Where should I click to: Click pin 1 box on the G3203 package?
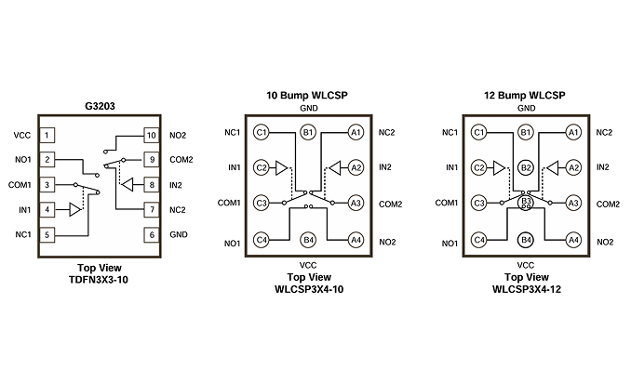point(47,135)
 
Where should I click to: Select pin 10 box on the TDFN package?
point(152,135)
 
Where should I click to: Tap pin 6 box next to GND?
point(152,235)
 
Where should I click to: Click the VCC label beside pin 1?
point(22,136)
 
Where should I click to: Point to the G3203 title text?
point(100,106)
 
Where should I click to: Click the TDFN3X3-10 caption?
point(99,280)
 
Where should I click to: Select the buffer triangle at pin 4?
point(75,209)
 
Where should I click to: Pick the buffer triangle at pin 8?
point(128,185)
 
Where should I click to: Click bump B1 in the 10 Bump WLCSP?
point(308,132)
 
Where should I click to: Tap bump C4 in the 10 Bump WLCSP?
point(262,240)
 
